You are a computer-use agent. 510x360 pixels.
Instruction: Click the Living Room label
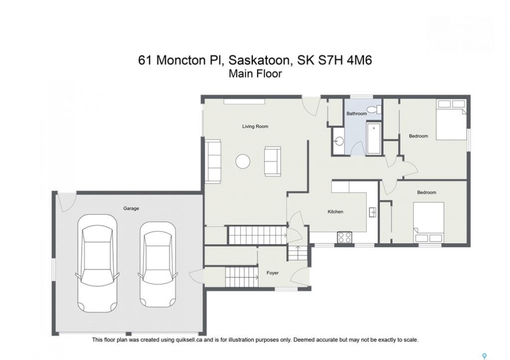point(255,126)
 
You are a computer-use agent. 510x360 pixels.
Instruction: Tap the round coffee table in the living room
point(243,161)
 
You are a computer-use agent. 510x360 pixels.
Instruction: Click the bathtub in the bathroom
point(374,138)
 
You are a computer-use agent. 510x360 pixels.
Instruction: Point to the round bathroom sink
point(339,141)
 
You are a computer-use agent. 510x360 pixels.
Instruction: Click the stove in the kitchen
point(345,237)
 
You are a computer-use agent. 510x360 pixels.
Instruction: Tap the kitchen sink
point(373,212)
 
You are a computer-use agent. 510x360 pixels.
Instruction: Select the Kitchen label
point(335,211)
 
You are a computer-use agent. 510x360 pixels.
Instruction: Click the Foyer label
point(272,273)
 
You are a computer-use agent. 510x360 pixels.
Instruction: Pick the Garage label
point(131,208)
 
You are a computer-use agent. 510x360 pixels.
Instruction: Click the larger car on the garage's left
point(97,263)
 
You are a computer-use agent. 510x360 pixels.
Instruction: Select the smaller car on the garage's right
point(158,264)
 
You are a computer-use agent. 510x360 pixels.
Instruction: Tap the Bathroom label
point(356,113)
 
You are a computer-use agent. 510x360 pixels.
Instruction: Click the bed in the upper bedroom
point(451,119)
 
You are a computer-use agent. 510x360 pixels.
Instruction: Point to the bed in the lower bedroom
point(429,222)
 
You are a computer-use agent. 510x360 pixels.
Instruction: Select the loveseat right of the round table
point(273,161)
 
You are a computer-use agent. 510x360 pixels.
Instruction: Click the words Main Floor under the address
point(255,74)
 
